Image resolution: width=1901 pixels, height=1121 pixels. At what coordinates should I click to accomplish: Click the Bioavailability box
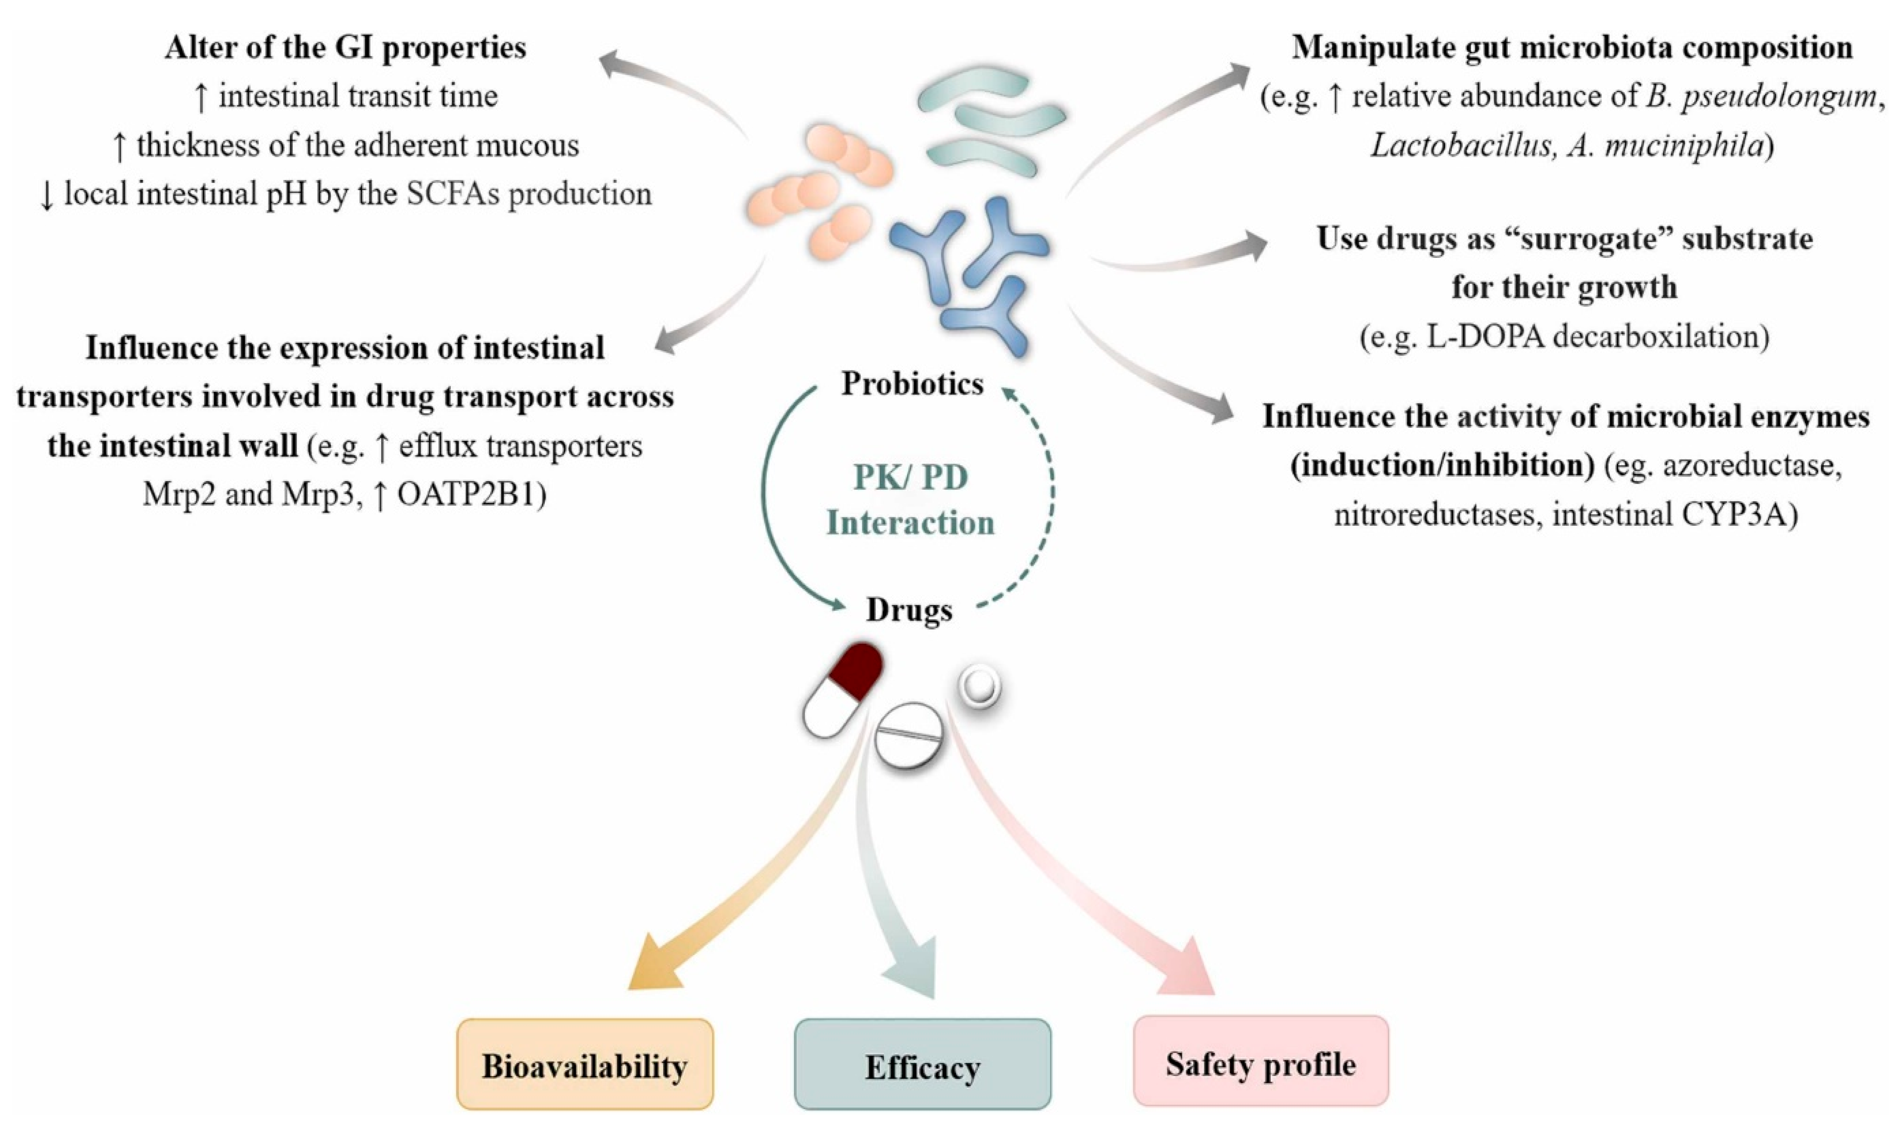pos(585,1065)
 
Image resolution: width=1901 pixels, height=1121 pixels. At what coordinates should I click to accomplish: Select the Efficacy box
pos(922,1065)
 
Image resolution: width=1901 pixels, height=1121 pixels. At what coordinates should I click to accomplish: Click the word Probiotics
pos(912,384)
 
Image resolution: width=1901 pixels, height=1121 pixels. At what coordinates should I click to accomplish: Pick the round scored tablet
pos(909,735)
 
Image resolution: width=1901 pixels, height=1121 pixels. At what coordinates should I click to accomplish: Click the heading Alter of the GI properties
pos(345,48)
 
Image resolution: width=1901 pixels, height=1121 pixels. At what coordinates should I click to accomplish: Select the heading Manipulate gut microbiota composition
pos(1572,48)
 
